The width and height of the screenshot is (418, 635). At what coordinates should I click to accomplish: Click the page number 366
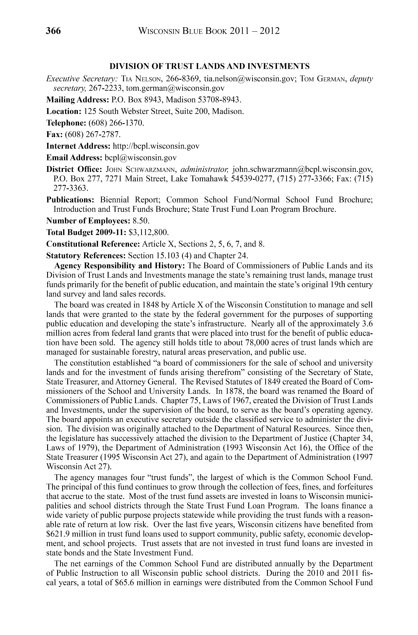coord(53,31)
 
